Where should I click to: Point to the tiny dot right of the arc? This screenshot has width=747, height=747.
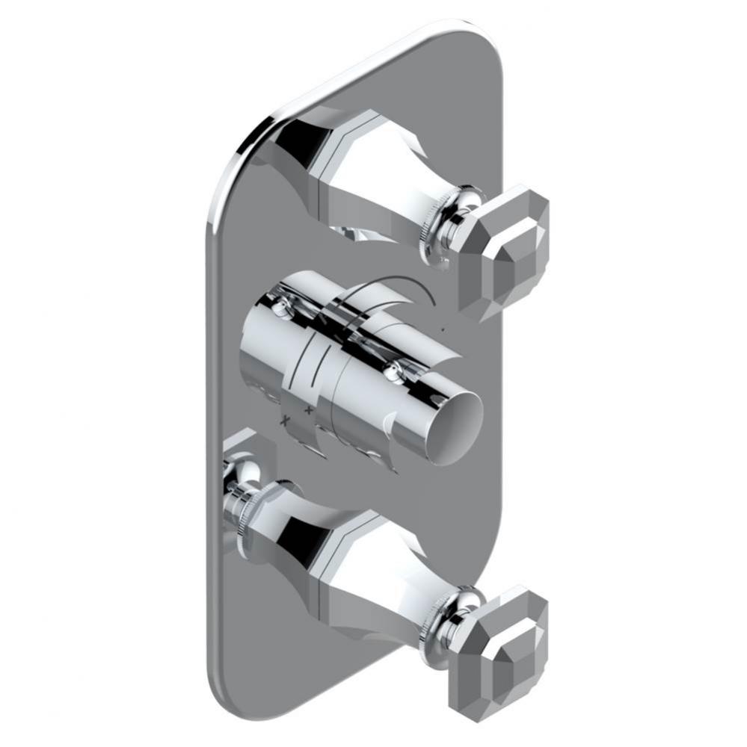pyautogui.click(x=443, y=328)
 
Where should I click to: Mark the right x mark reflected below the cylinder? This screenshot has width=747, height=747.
pyautogui.click(x=307, y=410)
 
